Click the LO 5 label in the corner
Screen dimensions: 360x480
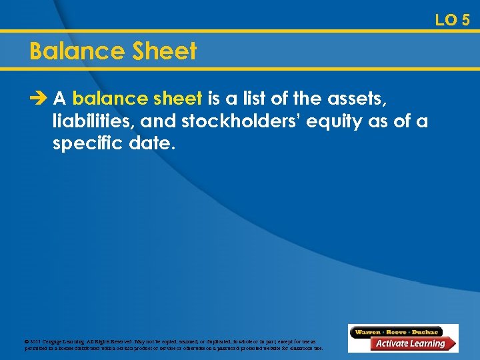click(x=453, y=20)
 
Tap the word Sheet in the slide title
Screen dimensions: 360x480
click(x=167, y=51)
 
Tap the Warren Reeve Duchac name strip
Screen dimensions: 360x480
click(x=397, y=331)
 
